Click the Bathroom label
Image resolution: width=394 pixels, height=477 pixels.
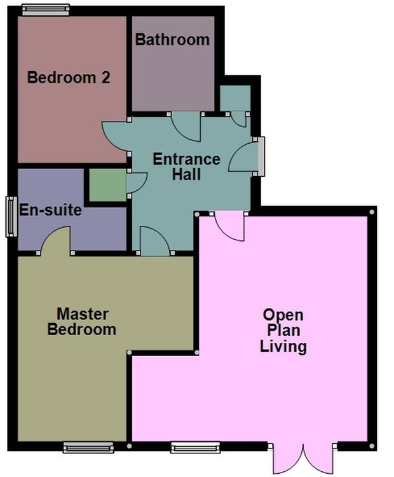pos(172,40)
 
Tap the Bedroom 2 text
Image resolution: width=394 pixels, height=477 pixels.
pos(69,77)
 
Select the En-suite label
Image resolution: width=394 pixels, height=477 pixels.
pos(50,210)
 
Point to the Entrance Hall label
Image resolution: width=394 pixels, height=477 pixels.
pos(186,167)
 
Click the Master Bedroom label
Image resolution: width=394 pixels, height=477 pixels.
pos(82,322)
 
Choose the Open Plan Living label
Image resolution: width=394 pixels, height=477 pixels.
pos(283,331)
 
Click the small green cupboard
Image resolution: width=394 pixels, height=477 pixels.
pos(107,185)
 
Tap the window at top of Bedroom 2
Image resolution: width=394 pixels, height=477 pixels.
pos(46,10)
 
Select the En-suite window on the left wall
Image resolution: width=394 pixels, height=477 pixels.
pos(11,216)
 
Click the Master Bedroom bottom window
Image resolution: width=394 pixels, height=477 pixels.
pos(88,447)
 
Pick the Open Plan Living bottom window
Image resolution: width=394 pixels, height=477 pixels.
pos(195,447)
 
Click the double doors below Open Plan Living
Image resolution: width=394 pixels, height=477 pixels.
pos(302,459)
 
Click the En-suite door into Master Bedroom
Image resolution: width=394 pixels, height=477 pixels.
pos(56,240)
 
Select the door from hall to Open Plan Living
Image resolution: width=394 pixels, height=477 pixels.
pos(229,226)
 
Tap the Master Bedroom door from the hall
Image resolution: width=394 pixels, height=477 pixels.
pos(155,241)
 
